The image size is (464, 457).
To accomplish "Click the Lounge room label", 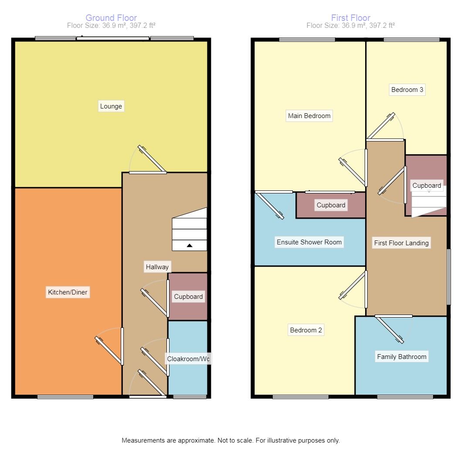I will pyautogui.click(x=111, y=106).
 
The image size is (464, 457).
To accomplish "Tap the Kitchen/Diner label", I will pyautogui.click(x=68, y=292).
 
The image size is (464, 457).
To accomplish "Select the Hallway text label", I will pyautogui.click(x=157, y=267).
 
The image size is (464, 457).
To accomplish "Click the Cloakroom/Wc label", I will pyautogui.click(x=188, y=359).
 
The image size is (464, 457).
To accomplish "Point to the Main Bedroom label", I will pyautogui.click(x=309, y=116).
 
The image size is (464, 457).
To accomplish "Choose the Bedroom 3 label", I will pyautogui.click(x=407, y=90).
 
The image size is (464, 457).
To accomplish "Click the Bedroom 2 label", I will pyautogui.click(x=306, y=330).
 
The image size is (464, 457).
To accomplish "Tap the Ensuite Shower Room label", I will pyautogui.click(x=309, y=242).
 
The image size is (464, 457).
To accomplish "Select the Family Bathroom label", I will pyautogui.click(x=402, y=357).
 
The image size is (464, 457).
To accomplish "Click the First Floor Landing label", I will pyautogui.click(x=401, y=243).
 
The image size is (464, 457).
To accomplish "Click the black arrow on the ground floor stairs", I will pyautogui.click(x=190, y=246).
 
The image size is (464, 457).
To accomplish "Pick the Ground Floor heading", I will pyautogui.click(x=111, y=18).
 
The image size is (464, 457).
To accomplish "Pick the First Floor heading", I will pyautogui.click(x=351, y=18).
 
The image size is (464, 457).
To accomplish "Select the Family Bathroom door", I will pyautogui.click(x=390, y=328).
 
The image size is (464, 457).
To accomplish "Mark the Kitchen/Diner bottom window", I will pyautogui.click(x=65, y=396).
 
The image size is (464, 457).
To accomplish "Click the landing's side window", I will pyautogui.click(x=449, y=277).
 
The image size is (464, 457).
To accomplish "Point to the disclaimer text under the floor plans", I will pyautogui.click(x=230, y=440).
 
